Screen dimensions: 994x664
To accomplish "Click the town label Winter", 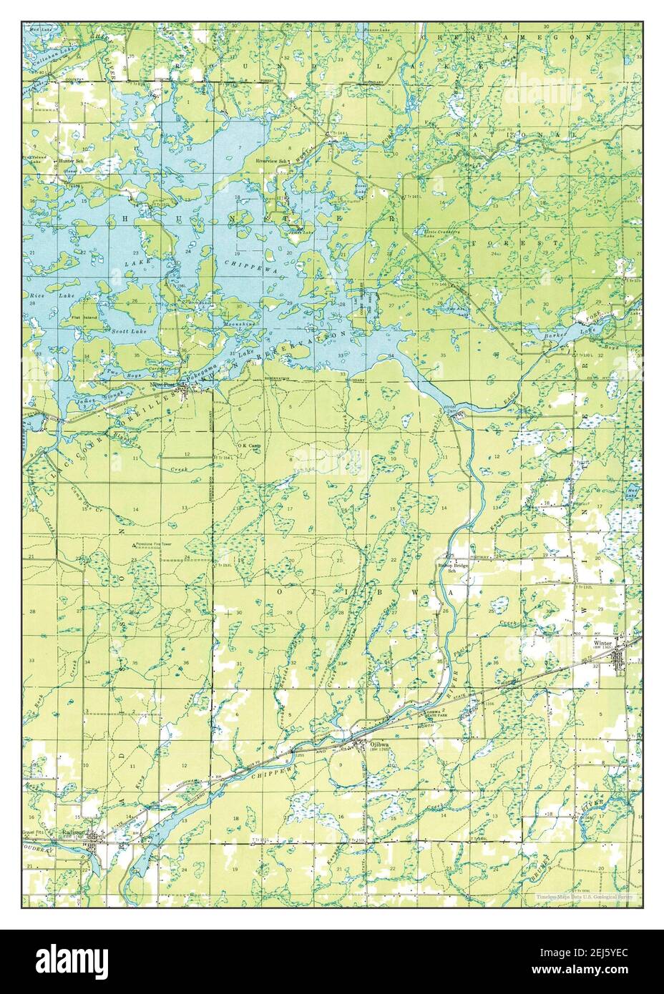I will pyautogui.click(x=602, y=643).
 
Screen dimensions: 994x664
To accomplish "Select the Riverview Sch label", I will pyautogui.click(x=272, y=162).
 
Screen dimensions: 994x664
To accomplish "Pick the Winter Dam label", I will pyautogui.click(x=449, y=408).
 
